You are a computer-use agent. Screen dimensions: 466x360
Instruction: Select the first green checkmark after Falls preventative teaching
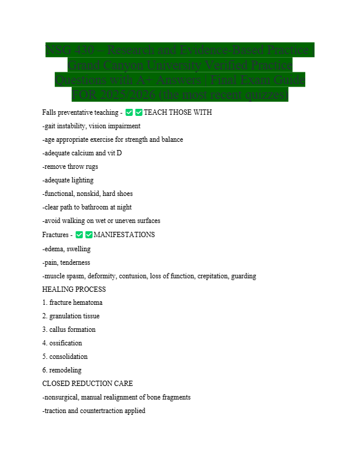click(129, 112)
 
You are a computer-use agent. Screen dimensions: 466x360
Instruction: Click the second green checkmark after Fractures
click(89, 235)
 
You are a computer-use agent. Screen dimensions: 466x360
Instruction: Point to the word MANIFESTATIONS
click(124, 235)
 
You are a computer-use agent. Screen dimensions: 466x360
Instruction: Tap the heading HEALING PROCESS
click(74, 289)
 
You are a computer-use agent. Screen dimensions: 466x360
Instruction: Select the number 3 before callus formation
click(44, 329)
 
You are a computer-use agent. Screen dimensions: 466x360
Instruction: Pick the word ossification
click(66, 343)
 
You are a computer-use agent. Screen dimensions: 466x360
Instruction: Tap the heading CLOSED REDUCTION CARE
click(88, 384)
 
